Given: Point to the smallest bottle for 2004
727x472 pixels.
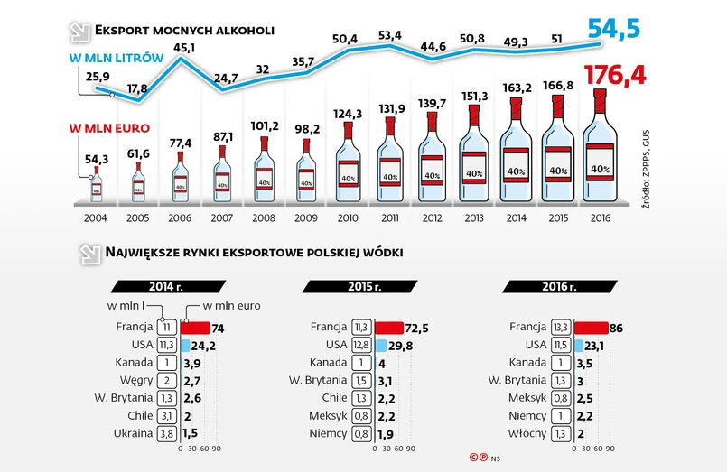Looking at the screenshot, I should (96, 184).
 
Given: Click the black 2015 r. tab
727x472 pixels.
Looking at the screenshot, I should (365, 287).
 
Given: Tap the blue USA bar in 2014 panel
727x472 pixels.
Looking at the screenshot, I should (185, 345).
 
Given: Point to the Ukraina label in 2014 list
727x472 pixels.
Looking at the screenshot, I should (132, 432).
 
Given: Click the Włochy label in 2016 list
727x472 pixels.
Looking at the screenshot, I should (527, 432).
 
